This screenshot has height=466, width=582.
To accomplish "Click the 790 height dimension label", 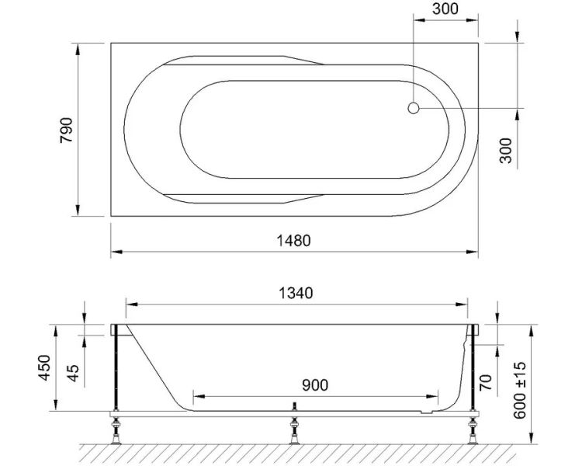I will pos(67,130).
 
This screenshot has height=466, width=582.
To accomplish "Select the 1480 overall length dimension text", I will pos(293,240).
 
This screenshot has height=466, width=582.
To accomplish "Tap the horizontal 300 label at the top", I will pos(445,10).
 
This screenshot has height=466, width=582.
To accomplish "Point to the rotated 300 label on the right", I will pos(505,150).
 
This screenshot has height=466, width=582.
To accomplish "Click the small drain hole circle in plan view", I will pos(414,109).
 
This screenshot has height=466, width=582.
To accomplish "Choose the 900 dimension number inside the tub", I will pos(314,384).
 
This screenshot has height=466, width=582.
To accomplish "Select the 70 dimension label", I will pos(487,381).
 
